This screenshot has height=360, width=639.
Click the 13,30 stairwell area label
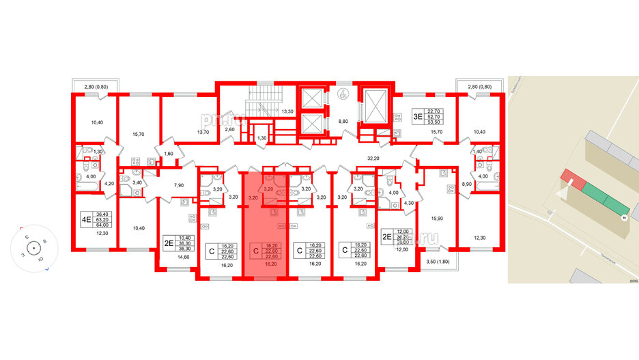tap(287, 111)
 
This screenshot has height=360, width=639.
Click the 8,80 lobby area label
tap(343, 122)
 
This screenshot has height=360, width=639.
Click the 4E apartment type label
tap(87, 220)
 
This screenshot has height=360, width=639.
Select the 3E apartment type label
tap(417, 116)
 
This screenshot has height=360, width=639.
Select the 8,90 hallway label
tap(467, 185)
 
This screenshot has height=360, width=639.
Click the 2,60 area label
tap(231, 128)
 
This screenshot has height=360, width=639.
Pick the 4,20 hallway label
tap(109, 183)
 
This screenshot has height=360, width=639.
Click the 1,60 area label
tap(168, 153)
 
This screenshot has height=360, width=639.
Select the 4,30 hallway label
tap(409, 204)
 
